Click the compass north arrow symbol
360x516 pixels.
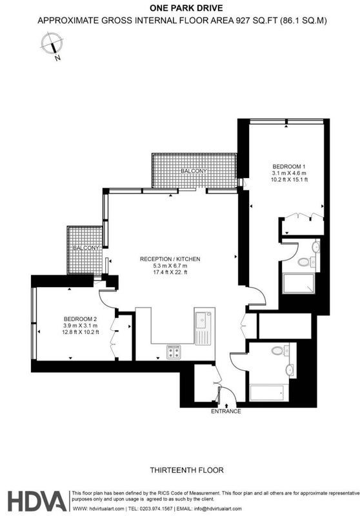pyautogui.click(x=52, y=45)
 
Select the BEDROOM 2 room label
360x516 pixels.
pyautogui.click(x=80, y=319)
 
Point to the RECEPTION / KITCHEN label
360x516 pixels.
pyautogui.click(x=170, y=259)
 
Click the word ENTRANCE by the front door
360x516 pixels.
pyautogui.click(x=226, y=411)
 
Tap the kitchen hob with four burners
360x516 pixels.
pyautogui.click(x=174, y=352)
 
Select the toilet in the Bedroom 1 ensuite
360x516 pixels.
pyautogui.click(x=305, y=263)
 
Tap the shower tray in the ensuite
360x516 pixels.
pyautogui.click(x=298, y=283)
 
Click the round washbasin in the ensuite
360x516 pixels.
pyautogui.click(x=315, y=246)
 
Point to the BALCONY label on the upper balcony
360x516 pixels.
pyautogui.click(x=194, y=171)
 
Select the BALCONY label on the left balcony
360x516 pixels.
pyautogui.click(x=86, y=248)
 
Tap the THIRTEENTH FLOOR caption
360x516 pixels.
pyautogui.click(x=187, y=470)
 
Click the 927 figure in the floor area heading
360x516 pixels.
pyautogui.click(x=242, y=21)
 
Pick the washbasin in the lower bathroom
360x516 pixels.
pyautogui.click(x=290, y=370)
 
